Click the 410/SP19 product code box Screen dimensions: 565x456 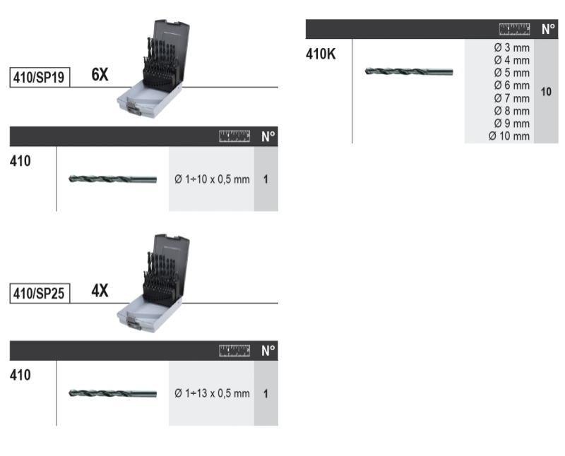[40, 77]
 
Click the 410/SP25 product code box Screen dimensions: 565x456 [40, 293]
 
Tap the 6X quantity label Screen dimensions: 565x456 [100, 75]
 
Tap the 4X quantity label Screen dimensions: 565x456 [100, 290]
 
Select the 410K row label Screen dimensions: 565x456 [321, 54]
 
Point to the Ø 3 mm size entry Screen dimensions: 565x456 [511, 47]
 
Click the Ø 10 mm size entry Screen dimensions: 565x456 [509, 136]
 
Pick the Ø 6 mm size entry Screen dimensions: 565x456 [511, 85]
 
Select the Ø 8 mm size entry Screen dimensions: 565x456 [511, 111]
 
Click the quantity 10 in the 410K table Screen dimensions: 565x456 [546, 92]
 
